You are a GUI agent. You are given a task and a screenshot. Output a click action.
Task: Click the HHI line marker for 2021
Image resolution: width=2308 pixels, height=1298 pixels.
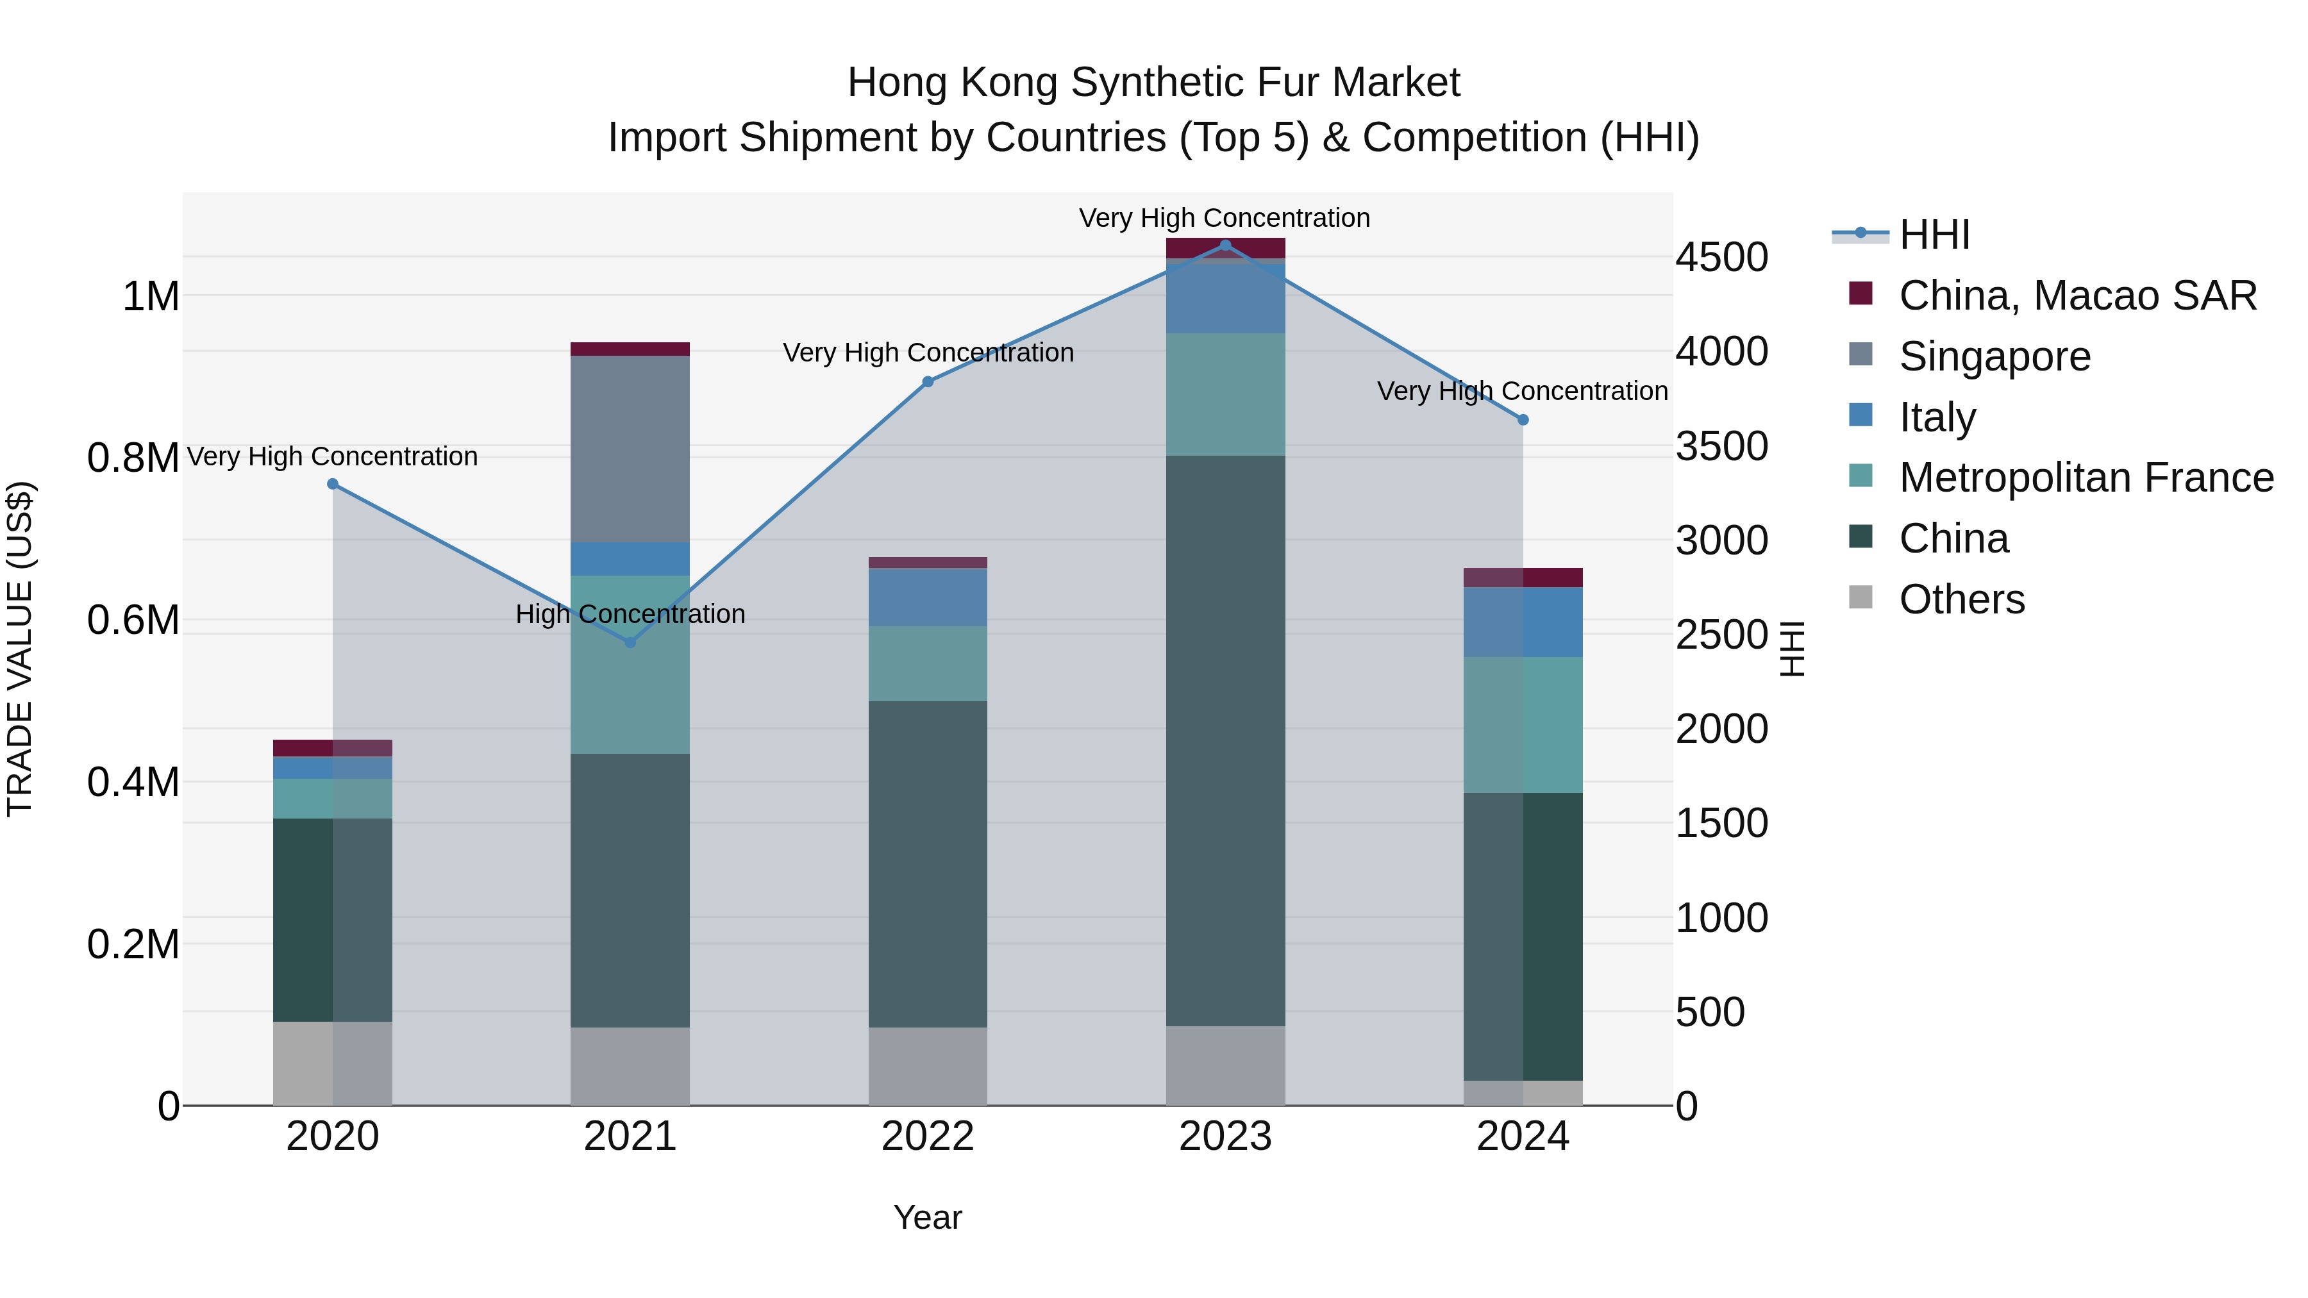[x=630, y=642]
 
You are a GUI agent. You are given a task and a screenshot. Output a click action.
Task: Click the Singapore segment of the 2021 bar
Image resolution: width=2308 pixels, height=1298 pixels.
[x=630, y=449]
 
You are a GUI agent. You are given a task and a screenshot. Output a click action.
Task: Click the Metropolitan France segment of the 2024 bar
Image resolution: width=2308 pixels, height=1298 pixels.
[x=1523, y=725]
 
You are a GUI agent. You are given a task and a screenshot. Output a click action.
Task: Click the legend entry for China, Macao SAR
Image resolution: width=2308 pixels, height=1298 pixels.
[x=2077, y=295]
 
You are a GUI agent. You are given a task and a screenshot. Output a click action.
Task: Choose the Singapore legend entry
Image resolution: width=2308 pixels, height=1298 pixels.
[x=1994, y=356]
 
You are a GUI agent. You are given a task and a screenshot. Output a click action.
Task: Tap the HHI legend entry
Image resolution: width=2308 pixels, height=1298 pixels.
[x=1934, y=235]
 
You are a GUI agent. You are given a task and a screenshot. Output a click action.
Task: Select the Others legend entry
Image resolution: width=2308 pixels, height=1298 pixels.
[x=1961, y=599]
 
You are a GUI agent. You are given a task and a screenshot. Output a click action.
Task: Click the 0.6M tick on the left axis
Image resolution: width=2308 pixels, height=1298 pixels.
[x=133, y=620]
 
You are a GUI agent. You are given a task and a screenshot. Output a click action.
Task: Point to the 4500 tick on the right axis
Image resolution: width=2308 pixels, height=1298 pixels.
[x=1721, y=257]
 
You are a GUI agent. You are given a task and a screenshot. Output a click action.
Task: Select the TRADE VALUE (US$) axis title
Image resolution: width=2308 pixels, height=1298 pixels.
[x=20, y=649]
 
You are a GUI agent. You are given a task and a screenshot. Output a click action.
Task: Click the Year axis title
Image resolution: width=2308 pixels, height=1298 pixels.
[x=927, y=1217]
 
